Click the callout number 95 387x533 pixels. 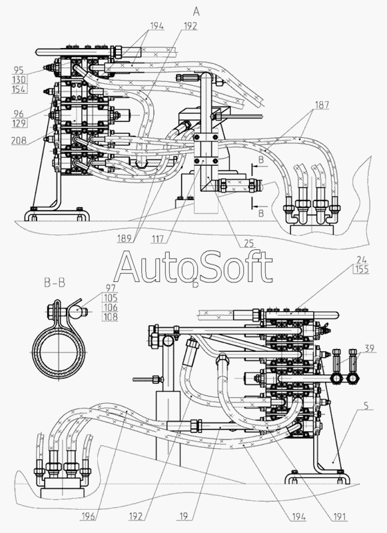coord(19,70)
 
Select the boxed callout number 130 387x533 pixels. coord(19,79)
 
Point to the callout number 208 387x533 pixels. coord(19,141)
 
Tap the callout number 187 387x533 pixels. coord(322,105)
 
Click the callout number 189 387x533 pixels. coord(125,239)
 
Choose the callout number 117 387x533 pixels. coord(159,239)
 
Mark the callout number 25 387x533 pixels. coord(248,243)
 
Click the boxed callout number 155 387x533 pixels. coord(360,269)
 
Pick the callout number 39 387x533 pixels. coord(370,348)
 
